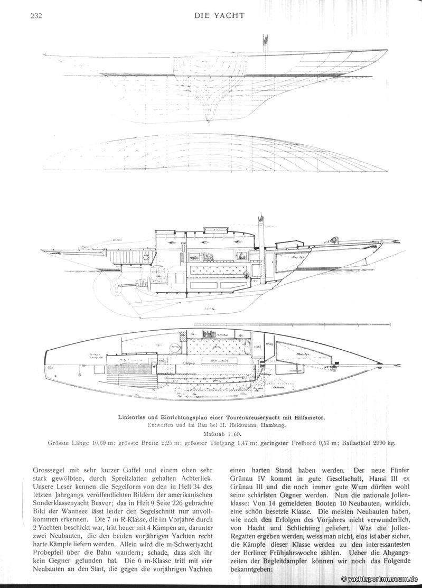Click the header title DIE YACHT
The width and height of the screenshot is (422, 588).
[219, 15]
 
